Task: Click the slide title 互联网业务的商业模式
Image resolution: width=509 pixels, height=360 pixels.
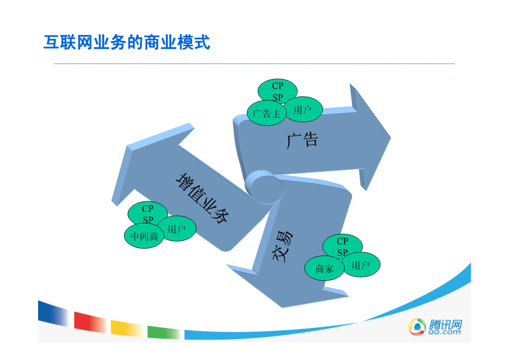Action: pos(126,43)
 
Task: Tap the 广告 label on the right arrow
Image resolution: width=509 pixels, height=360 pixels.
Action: pos(302,140)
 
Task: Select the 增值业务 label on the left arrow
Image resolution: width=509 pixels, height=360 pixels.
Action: pos(202,198)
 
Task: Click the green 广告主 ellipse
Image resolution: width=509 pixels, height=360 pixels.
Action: pos(267,113)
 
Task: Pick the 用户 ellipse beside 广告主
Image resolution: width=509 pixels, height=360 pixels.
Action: pos(303,109)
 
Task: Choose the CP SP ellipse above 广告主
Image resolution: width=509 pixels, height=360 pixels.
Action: pos(277,91)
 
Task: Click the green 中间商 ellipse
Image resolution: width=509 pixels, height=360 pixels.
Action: pos(144,236)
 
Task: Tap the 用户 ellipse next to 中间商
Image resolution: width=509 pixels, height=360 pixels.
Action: pos(177,229)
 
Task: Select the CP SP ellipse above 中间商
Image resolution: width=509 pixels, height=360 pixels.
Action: pos(148,214)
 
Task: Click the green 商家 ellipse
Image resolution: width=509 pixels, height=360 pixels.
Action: pos(325,268)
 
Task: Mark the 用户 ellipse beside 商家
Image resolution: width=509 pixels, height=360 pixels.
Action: pos(360,265)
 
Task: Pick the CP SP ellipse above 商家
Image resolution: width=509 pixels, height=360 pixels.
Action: pos(343,246)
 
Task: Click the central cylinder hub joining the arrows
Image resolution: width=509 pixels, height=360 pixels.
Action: pos(264,187)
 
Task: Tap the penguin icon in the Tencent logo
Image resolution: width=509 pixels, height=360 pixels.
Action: pos(417,326)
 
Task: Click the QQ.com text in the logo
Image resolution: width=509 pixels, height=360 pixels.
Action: pos(444,332)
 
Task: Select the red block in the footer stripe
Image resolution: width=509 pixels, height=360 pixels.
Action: pos(90,322)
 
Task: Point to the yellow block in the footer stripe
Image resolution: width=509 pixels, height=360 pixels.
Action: pos(127,328)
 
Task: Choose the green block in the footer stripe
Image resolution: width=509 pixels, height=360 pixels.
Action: pos(164,332)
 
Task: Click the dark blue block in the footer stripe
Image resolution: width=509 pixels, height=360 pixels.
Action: pos(53,313)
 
